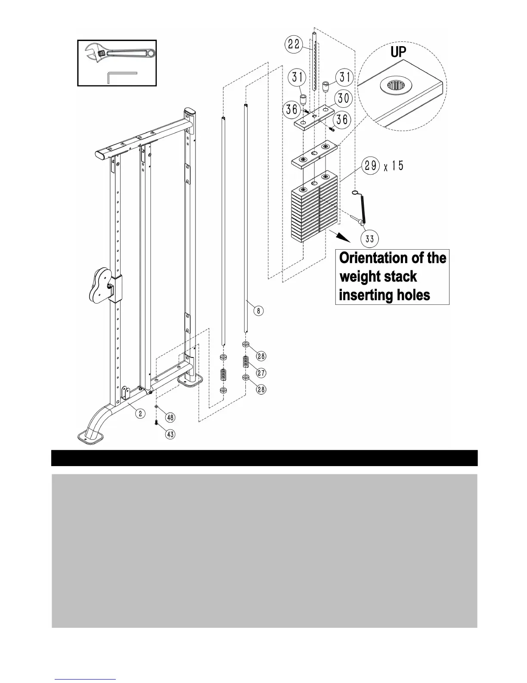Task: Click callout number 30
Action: [x=343, y=98]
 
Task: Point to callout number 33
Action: [x=369, y=238]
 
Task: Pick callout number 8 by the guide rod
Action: [x=258, y=310]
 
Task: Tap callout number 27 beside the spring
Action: [x=261, y=373]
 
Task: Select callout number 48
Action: [x=170, y=417]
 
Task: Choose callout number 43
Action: [x=170, y=434]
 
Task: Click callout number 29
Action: [x=371, y=166]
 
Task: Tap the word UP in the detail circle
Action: [x=398, y=52]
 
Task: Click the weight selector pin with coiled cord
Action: [x=362, y=209]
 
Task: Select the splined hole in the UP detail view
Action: [x=394, y=86]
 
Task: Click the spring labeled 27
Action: [x=246, y=362]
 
